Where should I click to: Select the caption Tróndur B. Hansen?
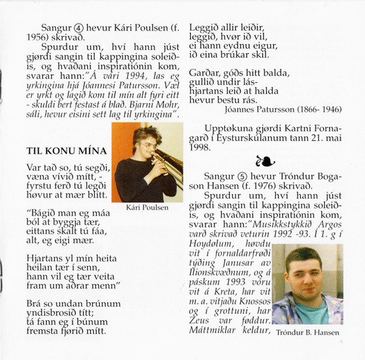pyautogui.click(x=308, y=331)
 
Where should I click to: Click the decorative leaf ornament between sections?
pyautogui.click(x=265, y=161)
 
